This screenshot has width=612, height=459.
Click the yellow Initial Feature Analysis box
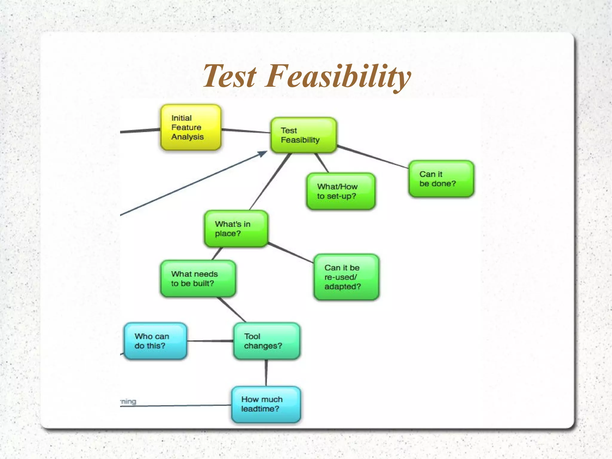(x=191, y=127)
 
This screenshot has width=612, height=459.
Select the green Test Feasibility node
(x=303, y=135)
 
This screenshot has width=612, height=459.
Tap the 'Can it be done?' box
(x=441, y=179)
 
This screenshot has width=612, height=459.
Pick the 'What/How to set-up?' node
(x=341, y=191)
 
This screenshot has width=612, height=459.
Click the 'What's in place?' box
(x=236, y=229)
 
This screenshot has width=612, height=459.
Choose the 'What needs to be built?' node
(x=198, y=279)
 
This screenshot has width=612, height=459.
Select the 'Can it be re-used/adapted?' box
(x=346, y=277)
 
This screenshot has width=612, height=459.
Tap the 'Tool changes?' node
(x=267, y=341)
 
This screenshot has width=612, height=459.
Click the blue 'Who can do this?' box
(x=155, y=341)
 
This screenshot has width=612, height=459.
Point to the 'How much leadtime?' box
(x=266, y=404)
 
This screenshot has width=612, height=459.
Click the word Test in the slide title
(x=229, y=76)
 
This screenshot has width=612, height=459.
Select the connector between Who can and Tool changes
(x=210, y=341)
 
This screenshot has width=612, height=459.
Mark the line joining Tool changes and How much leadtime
(x=266, y=373)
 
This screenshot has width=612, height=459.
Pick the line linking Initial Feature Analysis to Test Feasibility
(x=246, y=131)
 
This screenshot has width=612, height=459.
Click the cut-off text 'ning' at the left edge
(x=129, y=402)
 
